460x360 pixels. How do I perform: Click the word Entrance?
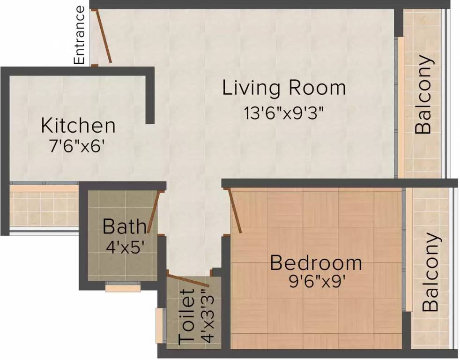click(x=80, y=35)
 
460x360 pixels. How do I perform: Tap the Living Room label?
click(x=284, y=87)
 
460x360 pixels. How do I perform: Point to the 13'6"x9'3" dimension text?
click(x=284, y=113)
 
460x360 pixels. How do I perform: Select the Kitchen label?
click(x=78, y=125)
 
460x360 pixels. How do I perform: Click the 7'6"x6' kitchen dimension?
click(x=77, y=146)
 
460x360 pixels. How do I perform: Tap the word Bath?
click(x=124, y=226)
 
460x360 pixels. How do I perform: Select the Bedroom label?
click(x=316, y=263)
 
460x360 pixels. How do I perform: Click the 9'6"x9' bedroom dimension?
click(x=316, y=282)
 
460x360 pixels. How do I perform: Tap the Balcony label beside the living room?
click(x=424, y=94)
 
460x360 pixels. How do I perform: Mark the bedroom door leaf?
click(x=235, y=211)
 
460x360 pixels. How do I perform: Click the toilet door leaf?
click(x=188, y=281)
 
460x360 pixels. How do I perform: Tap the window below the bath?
click(x=123, y=286)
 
